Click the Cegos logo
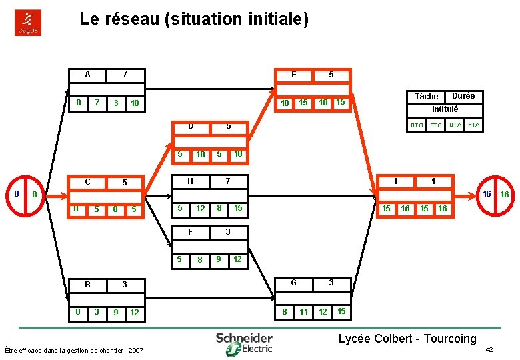pyautogui.click(x=28, y=23)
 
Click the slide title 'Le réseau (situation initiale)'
pyautogui.click(x=194, y=19)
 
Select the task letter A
pyautogui.click(x=88, y=74)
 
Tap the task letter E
pyautogui.click(x=294, y=75)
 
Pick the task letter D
pyautogui.click(x=191, y=126)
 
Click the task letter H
pyautogui.click(x=191, y=181)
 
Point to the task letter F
pyautogui.click(x=191, y=232)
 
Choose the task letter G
pyautogui.click(x=294, y=283)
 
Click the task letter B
pyautogui.click(x=88, y=285)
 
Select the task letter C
pyautogui.click(x=88, y=182)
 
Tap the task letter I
pyautogui.click(x=397, y=181)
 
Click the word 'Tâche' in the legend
pyautogui.click(x=427, y=97)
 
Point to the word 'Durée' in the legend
pyautogui.click(x=463, y=96)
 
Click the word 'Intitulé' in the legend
pyautogui.click(x=445, y=109)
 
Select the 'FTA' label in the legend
pyautogui.click(x=474, y=124)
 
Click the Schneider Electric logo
pyautogui.click(x=244, y=342)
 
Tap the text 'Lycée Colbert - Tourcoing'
pyautogui.click(x=407, y=339)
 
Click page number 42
pyautogui.click(x=489, y=350)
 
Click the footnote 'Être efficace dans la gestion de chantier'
pyautogui.click(x=73, y=350)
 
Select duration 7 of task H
pyautogui.click(x=227, y=181)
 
